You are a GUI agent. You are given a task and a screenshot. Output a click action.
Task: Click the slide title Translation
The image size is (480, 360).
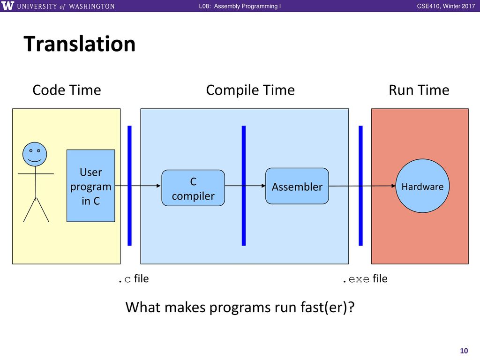tap(80, 44)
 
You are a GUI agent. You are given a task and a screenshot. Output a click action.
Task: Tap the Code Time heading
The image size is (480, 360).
tap(67, 90)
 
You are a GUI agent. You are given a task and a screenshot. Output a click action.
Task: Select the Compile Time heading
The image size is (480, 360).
tap(250, 90)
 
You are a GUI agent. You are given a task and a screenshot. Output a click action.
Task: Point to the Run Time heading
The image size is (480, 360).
tap(419, 90)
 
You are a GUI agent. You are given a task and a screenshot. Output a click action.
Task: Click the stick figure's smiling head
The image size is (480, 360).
tap(35, 154)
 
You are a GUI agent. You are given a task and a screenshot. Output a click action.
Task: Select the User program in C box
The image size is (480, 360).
tap(91, 186)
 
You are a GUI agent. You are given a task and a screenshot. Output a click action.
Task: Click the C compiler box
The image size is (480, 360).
tap(193, 188)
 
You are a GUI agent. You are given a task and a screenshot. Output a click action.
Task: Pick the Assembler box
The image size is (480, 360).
tap(297, 186)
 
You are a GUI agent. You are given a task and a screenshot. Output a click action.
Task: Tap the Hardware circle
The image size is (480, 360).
tap(422, 186)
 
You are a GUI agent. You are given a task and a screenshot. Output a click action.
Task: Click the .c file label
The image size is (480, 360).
tap(134, 279)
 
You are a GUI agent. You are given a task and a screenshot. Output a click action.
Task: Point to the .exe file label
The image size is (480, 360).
tap(365, 279)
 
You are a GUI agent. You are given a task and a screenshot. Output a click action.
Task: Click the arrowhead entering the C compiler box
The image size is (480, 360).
tap(158, 186)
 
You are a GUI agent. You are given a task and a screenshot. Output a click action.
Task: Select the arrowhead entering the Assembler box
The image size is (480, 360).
tap(263, 186)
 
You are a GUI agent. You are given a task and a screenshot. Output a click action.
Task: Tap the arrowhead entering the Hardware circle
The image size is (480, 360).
tap(393, 186)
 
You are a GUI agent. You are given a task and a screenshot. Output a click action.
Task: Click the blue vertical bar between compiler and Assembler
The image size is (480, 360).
tap(244, 186)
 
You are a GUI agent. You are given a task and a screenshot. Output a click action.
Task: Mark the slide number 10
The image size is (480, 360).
tap(464, 351)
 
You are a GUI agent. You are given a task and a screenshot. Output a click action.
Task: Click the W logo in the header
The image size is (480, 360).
tap(7, 6)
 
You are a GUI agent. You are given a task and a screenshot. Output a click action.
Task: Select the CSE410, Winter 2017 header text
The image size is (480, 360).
tap(446, 6)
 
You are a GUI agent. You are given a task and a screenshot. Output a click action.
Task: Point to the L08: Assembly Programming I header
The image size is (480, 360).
tap(240, 6)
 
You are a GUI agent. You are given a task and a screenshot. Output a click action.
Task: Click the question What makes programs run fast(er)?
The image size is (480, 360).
tap(240, 307)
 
